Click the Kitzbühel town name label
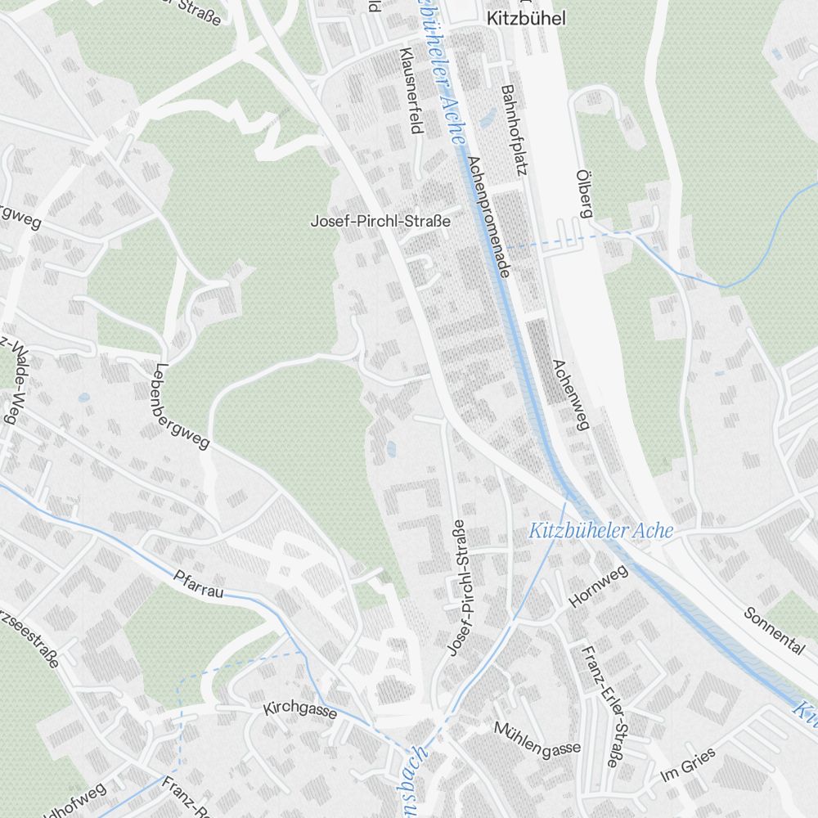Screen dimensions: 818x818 coord(525,18)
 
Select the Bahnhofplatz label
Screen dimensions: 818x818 coord(512,131)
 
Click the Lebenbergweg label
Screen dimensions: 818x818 coord(182,407)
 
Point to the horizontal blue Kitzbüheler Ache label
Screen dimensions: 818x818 coord(601,531)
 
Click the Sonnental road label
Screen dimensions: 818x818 coord(774,631)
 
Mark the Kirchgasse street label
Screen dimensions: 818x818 coord(299,709)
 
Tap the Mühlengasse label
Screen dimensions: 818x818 coord(537,738)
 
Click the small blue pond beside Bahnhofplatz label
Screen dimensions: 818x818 coord(489,119)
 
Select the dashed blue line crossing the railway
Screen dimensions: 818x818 coord(564,240)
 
